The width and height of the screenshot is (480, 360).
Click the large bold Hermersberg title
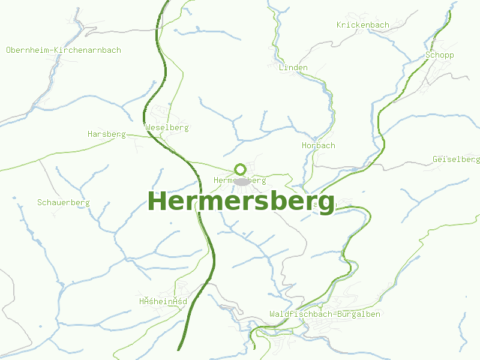point(241,202)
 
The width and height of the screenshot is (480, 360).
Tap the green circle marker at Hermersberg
point(241,169)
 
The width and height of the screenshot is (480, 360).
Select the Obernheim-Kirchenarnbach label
point(64,50)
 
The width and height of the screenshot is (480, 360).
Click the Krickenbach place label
point(363,25)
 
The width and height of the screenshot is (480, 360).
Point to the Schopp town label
point(440,55)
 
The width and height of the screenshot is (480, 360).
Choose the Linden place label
point(293,68)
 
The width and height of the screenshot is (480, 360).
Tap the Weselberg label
point(167,128)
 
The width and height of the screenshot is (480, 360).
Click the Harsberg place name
point(106,134)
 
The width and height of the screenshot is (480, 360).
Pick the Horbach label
point(319,146)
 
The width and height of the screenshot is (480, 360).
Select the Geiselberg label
point(456,160)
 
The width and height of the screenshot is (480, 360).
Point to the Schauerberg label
point(63,203)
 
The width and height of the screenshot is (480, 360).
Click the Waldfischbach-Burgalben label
point(325,314)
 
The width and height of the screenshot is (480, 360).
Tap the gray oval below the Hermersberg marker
point(241,181)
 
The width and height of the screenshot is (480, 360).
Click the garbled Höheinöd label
point(163,301)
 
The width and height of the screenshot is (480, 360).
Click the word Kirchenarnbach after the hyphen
point(88,50)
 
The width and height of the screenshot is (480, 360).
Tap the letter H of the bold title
point(157,202)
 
